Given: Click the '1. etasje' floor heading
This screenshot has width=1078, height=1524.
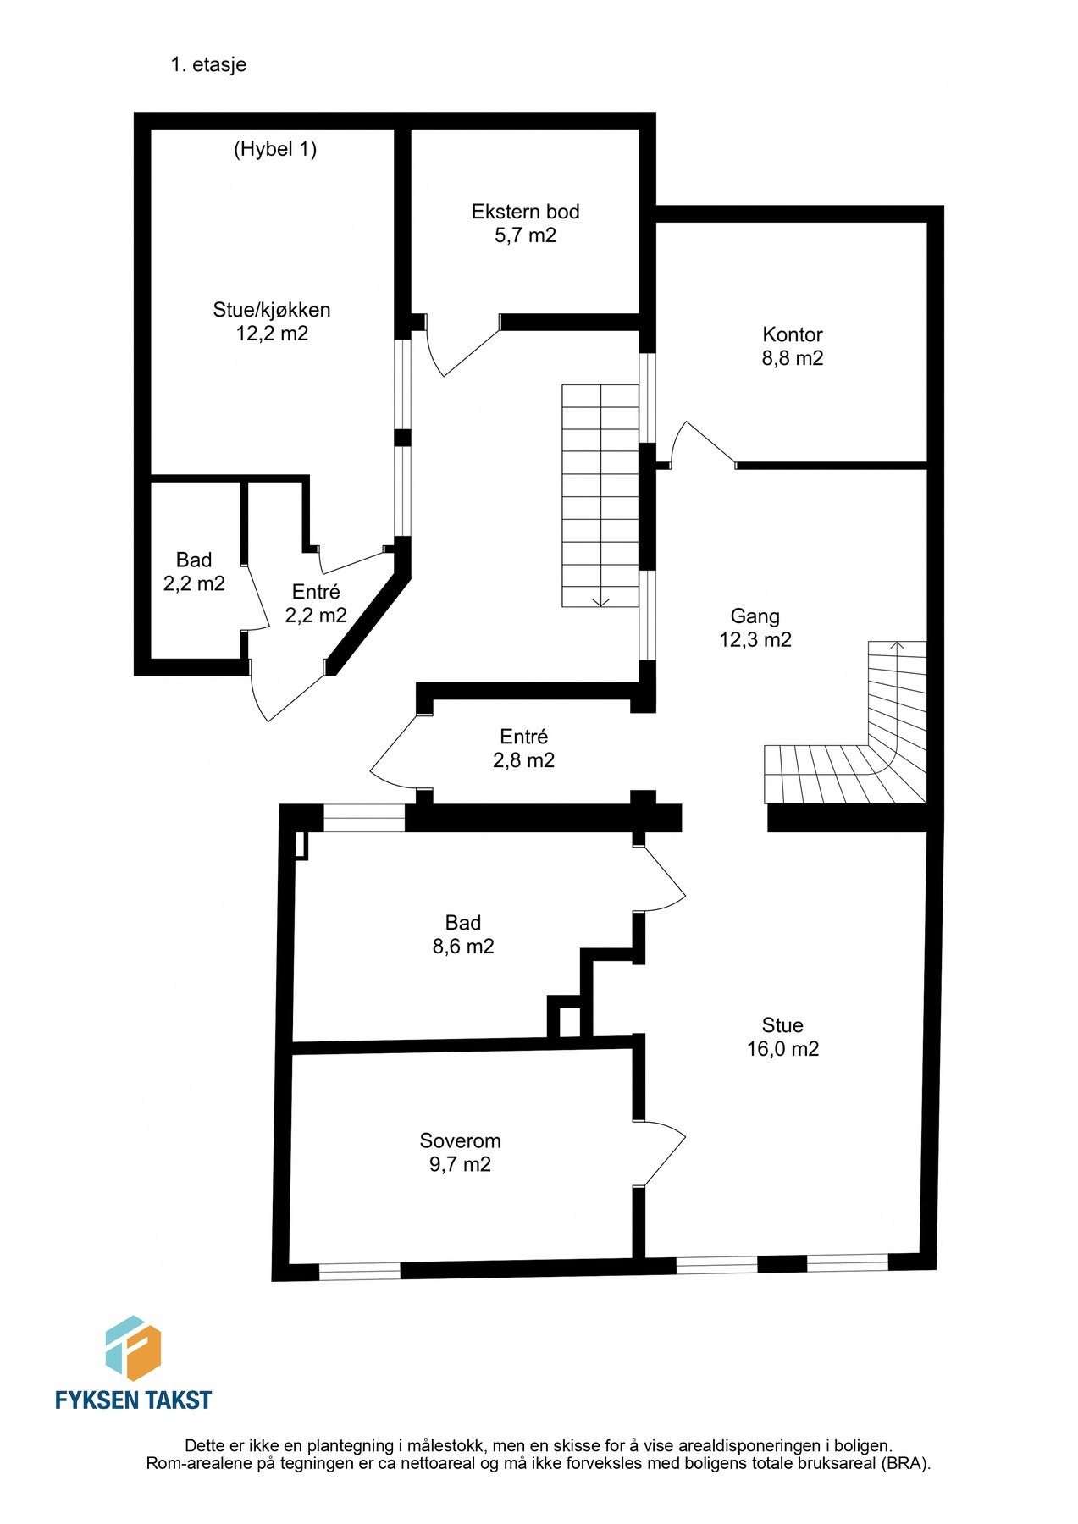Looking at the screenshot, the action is coord(208,65).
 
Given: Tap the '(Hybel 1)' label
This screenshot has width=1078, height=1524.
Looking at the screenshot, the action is coord(275,149).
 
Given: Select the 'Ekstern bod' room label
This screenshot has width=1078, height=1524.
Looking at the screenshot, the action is coord(525,212).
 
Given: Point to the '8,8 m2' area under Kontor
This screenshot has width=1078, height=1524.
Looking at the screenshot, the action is coord(793,358).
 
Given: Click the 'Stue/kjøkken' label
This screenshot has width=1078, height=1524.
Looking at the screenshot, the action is coord(272,310).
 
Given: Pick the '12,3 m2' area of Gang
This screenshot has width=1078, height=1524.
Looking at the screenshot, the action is coord(755,640).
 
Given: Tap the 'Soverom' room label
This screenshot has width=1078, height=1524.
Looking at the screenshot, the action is coord(461,1140).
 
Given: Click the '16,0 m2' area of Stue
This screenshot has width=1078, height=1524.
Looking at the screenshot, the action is coord(782,1049).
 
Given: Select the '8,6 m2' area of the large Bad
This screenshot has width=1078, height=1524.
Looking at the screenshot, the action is coord(463,947).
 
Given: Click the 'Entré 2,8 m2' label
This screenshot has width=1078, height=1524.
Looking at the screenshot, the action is coord(524,748).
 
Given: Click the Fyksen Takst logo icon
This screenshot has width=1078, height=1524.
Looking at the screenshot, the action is coord(133,1348).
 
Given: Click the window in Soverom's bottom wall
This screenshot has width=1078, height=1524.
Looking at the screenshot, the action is coord(359,1270).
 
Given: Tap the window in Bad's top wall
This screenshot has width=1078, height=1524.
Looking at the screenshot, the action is coord(364,819).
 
